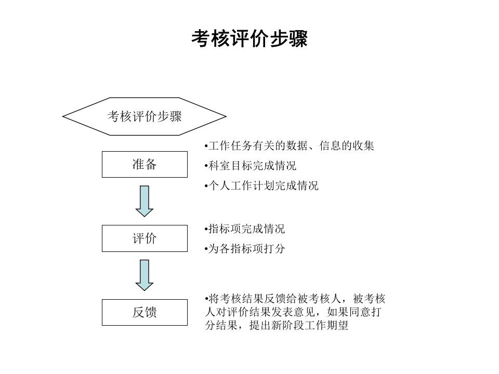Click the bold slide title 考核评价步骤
coord(249,39)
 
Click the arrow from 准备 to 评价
coord(145,202)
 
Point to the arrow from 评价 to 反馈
coord(145,275)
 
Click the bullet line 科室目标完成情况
coord(251,166)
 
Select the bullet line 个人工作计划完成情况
coord(261,186)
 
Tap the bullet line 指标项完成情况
coord(245,229)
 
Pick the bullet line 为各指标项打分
coord(245,249)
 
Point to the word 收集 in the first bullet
coord(363,145)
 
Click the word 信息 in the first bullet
coord(330,145)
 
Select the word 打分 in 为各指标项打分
coord(274,249)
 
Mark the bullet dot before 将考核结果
coord(206,299)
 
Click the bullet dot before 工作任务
coord(206,146)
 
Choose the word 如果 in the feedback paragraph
coord(338,312)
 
